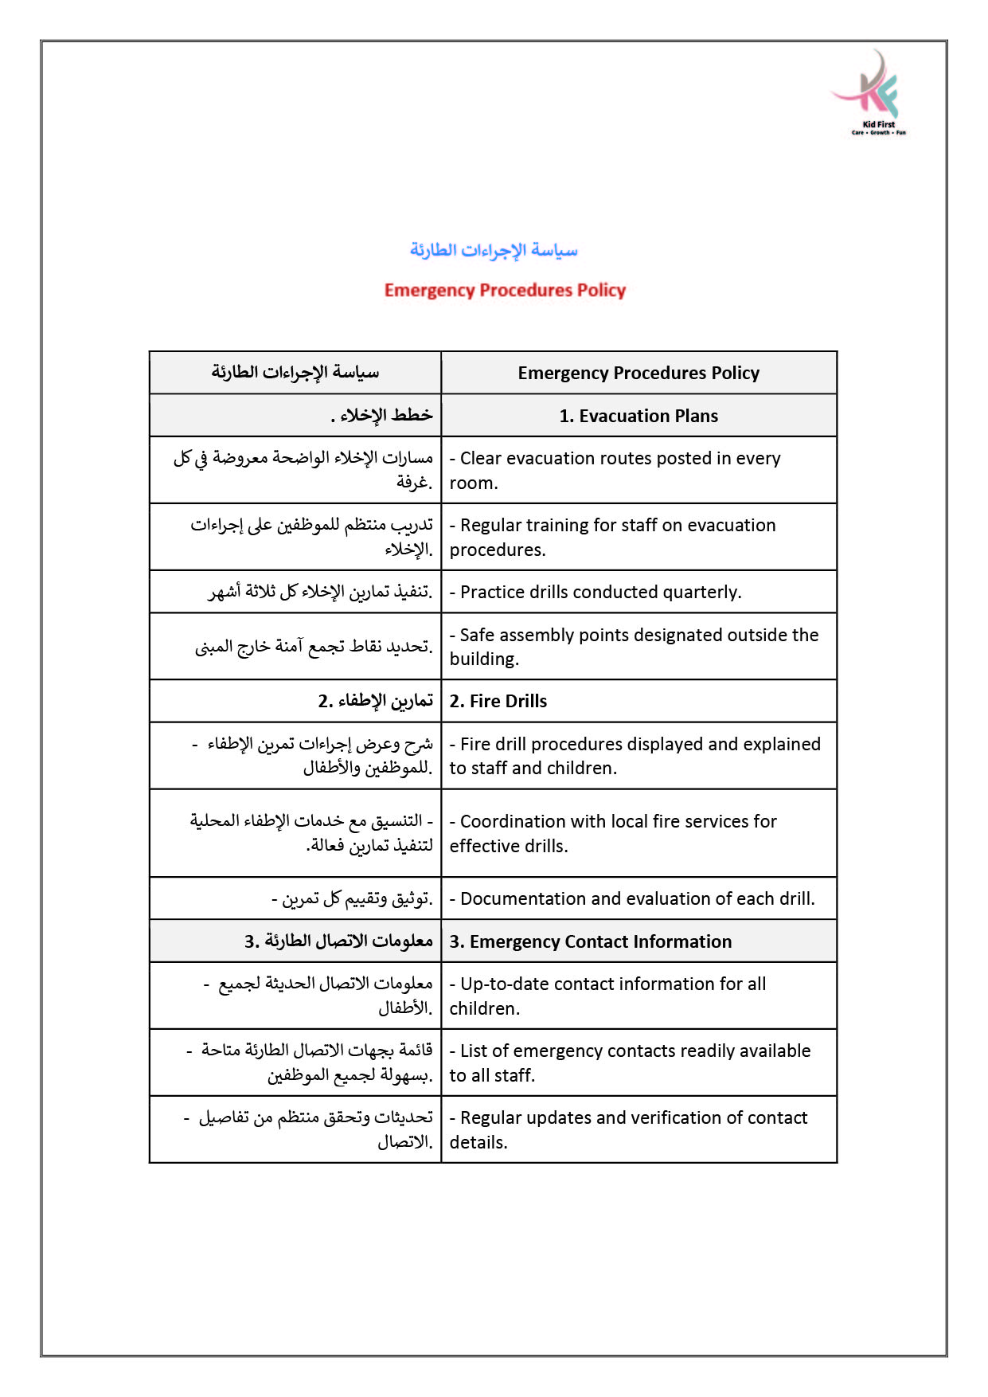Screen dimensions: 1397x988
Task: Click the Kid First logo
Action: point(873,92)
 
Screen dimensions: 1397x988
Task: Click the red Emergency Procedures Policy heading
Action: point(505,290)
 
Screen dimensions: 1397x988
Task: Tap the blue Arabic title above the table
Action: point(494,250)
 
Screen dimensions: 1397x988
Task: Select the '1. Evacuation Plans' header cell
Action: point(638,416)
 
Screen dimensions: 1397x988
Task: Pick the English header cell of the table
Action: point(638,373)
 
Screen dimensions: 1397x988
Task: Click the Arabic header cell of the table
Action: point(295,373)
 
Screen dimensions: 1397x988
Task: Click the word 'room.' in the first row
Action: point(474,483)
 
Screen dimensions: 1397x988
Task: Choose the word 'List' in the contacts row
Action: point(474,1051)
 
